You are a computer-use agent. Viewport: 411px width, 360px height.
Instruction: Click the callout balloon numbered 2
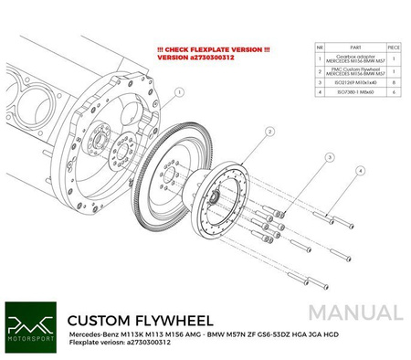[245, 132]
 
